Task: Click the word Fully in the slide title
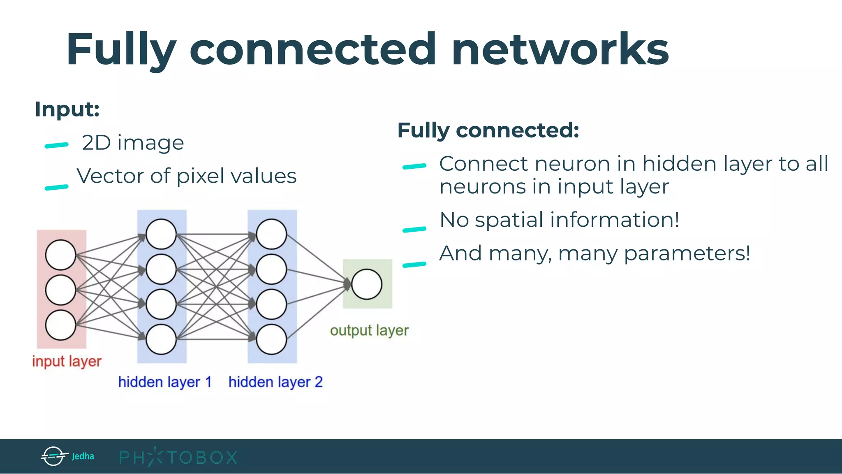pos(121,50)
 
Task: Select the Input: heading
pos(67,109)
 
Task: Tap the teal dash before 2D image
pos(56,145)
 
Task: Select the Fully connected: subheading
pos(488,130)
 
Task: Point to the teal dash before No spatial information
pos(414,230)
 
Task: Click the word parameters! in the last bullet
pos(687,253)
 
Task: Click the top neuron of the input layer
pos(60,255)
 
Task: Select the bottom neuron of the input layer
pos(60,325)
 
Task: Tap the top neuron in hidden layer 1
pos(161,234)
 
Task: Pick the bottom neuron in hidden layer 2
pos(271,339)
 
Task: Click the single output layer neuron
pos(367,284)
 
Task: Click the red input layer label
pos(67,361)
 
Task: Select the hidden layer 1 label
pos(165,382)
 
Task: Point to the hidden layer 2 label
pos(275,382)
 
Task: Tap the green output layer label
pos(369,330)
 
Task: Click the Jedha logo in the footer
pos(67,456)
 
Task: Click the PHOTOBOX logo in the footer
pos(178,457)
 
